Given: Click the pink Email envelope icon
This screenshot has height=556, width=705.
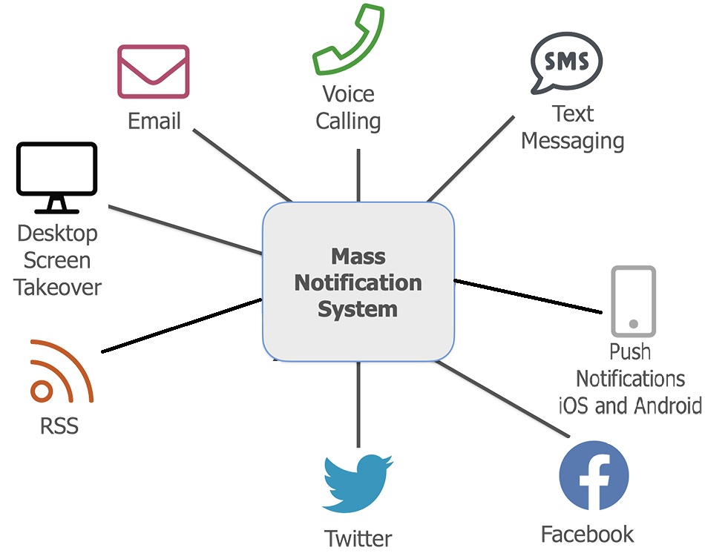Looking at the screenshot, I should (154, 71).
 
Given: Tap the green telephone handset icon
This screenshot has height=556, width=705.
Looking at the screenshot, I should (348, 41).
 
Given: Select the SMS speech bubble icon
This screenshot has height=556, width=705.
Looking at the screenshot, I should (566, 62).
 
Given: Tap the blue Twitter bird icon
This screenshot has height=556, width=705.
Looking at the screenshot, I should (357, 483).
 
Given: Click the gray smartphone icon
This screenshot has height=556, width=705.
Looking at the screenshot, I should (633, 301).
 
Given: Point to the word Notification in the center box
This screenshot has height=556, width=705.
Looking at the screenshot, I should (358, 282).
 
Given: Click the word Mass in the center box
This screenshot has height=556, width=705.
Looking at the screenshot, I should (358, 257).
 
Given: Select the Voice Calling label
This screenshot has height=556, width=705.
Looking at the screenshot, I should (348, 107).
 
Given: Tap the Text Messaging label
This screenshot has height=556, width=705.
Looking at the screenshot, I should (572, 128).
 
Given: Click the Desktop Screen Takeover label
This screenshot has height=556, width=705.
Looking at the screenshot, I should (58, 260).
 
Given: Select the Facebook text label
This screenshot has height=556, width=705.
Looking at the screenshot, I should (587, 534).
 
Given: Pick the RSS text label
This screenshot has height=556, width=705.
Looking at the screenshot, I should (59, 426).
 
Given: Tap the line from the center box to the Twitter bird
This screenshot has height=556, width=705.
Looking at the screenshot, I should (358, 405).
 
